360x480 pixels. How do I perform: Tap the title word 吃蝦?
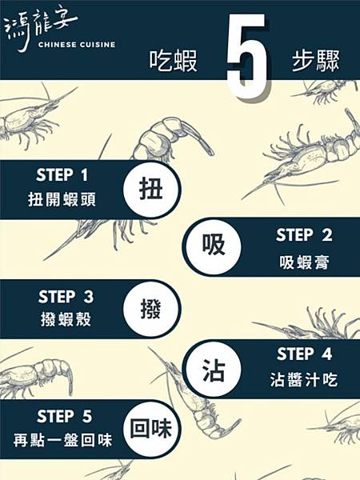(x=173, y=62)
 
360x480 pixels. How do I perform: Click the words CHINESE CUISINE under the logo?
(x=75, y=45)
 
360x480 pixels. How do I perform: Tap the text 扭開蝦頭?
(x=66, y=200)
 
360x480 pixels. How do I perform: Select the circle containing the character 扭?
(x=152, y=190)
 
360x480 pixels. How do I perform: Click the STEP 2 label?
(x=304, y=236)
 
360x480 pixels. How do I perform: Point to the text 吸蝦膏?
(x=304, y=261)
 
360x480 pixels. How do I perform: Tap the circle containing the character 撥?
(x=152, y=308)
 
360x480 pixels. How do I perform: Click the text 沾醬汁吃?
(x=304, y=380)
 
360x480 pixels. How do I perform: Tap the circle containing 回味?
(x=152, y=430)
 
